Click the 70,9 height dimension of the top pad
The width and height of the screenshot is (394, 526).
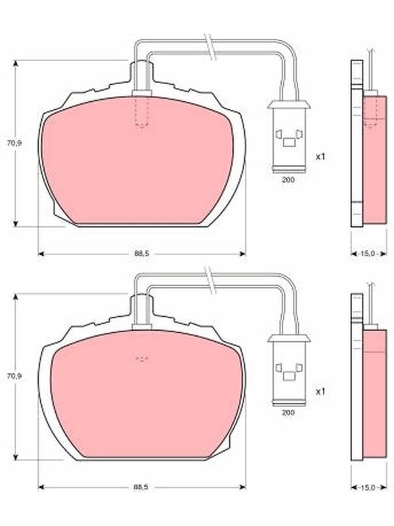[x=14, y=143]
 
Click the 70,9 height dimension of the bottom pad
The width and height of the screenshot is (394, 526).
[x=14, y=376]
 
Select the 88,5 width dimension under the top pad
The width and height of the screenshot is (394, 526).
[x=141, y=254]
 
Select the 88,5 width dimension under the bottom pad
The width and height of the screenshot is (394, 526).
[x=141, y=487]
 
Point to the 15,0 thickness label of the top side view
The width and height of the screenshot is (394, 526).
[x=368, y=254]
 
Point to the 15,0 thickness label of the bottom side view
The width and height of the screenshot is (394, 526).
[x=368, y=487]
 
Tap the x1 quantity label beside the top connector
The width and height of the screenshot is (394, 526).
[x=320, y=156]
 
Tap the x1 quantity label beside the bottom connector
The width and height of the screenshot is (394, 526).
[x=320, y=391]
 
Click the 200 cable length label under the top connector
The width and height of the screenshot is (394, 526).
[x=288, y=179]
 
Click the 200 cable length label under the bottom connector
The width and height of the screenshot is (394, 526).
[x=288, y=413]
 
